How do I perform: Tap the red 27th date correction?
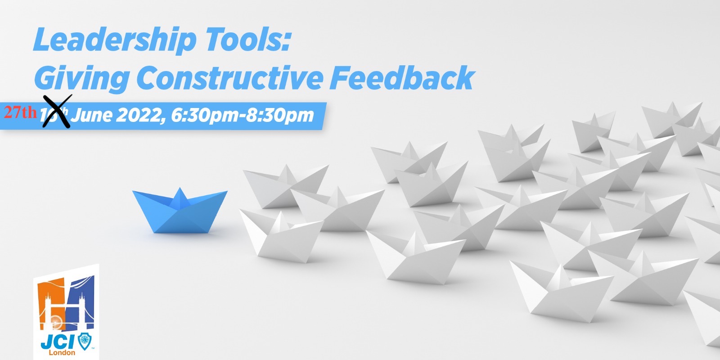[x=20, y=112]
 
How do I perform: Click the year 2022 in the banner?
[x=139, y=115]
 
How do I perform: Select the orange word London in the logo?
[x=62, y=353]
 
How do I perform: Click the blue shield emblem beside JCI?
[x=84, y=342]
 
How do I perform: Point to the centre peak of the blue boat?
[x=180, y=194]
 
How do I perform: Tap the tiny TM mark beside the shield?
[x=93, y=348]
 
